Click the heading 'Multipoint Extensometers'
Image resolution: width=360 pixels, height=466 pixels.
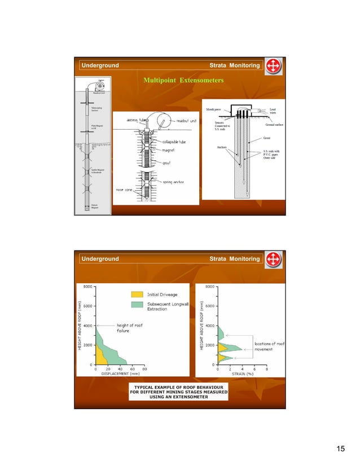[x=183, y=81]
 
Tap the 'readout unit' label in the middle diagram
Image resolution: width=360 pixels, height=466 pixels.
[x=188, y=120]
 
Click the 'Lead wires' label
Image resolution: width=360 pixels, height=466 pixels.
[x=273, y=111]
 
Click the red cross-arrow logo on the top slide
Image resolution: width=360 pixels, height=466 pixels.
[x=273, y=66]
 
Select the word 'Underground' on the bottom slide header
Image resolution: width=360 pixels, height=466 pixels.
[x=99, y=259]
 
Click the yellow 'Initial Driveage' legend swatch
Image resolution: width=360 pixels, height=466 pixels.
[x=137, y=294]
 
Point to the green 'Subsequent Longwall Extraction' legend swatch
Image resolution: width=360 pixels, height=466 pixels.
[x=137, y=306]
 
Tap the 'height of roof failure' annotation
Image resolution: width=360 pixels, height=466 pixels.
[x=131, y=328]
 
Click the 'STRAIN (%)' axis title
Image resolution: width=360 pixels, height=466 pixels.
[x=243, y=373]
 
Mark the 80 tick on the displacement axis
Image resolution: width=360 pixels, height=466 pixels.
[x=144, y=369]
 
